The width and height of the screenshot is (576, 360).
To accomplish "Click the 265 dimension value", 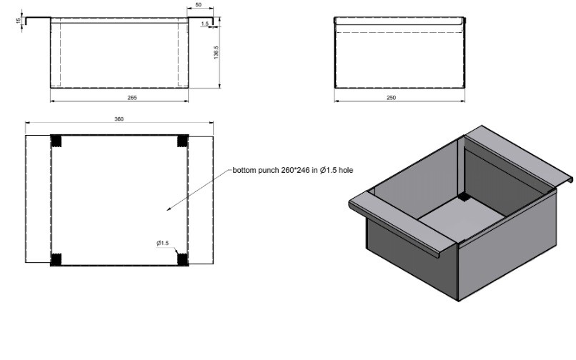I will pos(132,97).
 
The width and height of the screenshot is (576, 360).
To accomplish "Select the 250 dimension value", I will pos(391,97).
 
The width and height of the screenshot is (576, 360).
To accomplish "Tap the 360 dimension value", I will pos(119,119).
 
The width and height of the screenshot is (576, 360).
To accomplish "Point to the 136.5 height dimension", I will pos(216,55).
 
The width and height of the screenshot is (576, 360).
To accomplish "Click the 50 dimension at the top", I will pos(198,6).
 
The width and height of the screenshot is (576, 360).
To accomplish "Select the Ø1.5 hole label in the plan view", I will pos(163,244).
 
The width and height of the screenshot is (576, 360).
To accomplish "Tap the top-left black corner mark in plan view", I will pos(56,140).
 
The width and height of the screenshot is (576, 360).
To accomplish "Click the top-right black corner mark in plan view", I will pos(182,140).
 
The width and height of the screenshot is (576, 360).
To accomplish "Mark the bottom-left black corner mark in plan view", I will pos(56,259).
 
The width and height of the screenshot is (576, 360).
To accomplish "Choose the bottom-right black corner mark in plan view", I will pos(182,259).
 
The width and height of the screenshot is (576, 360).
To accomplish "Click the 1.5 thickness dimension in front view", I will pos(205,24).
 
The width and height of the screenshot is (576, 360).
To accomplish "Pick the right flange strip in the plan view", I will pos(201,199).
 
